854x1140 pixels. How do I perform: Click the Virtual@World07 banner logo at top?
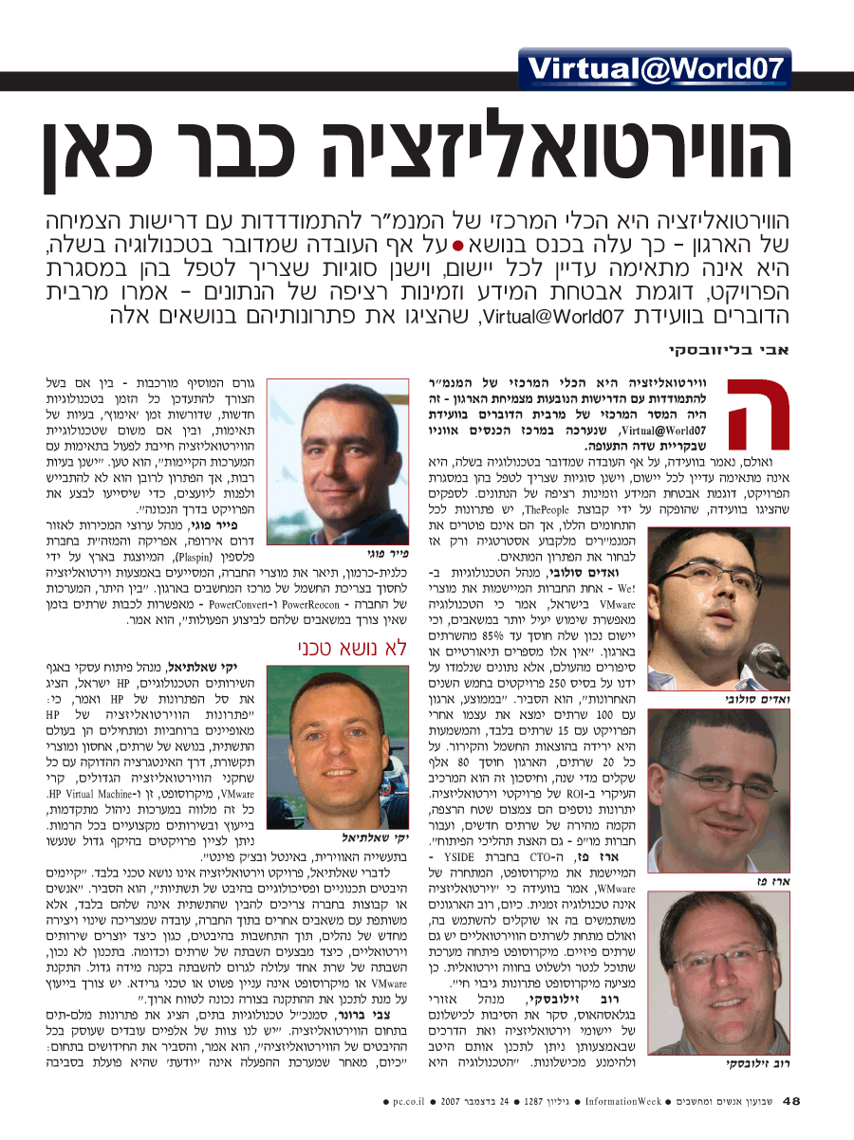point(656,67)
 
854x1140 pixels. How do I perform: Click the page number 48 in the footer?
point(792,1101)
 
